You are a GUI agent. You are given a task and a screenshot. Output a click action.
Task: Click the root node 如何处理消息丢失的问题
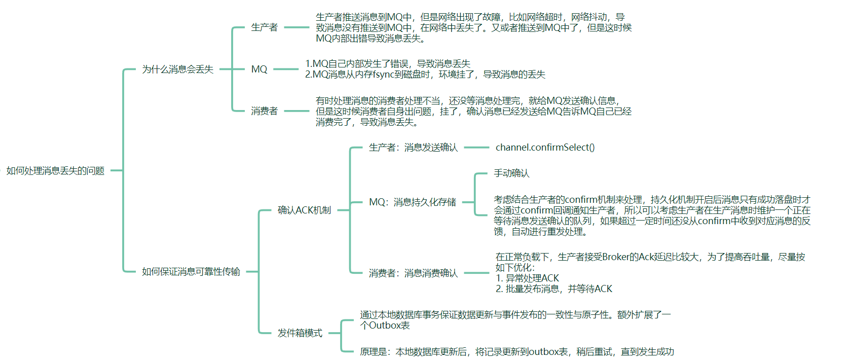tap(55, 171)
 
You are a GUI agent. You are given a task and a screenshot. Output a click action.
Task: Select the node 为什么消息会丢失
tap(177, 69)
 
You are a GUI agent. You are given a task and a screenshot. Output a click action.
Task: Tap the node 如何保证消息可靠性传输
tap(191, 272)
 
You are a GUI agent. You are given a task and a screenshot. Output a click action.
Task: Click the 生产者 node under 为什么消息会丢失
tap(264, 27)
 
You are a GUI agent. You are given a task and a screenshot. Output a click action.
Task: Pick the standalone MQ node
tap(259, 69)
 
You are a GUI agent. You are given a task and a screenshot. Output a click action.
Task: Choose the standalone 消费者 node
tap(264, 111)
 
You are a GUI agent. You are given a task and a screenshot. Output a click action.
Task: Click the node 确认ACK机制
tap(304, 210)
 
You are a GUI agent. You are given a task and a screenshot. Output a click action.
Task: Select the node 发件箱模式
tap(300, 333)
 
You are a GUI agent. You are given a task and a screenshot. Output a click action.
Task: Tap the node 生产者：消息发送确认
tap(413, 148)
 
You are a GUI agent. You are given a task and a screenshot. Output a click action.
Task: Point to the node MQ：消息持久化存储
tap(412, 202)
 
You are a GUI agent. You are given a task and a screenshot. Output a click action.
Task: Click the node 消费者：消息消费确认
tap(413, 273)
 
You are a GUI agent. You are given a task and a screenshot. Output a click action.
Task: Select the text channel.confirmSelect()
tap(545, 148)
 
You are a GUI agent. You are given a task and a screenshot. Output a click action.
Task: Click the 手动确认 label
tap(511, 173)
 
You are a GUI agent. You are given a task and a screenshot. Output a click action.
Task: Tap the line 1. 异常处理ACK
tap(527, 278)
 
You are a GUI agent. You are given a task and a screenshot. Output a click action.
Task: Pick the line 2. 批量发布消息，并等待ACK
tap(553, 289)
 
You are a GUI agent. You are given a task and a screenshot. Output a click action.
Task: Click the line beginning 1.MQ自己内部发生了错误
tap(388, 64)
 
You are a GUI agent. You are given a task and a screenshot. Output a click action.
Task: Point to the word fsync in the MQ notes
tap(383, 75)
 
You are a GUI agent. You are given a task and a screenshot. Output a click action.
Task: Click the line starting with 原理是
tap(517, 352)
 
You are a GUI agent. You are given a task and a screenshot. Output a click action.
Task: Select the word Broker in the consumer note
tap(616, 257)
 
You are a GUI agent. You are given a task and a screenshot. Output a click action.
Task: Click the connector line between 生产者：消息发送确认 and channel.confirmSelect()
tap(476, 148)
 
